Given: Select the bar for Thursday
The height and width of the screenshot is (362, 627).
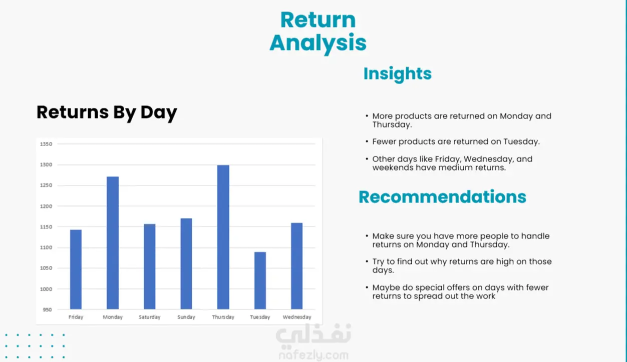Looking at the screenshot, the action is (223, 237).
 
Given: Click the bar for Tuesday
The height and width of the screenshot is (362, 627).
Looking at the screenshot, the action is (260, 280).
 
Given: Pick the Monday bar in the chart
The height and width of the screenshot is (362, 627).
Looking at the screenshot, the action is (113, 242).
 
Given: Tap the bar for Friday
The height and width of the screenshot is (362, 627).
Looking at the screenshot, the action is (76, 269).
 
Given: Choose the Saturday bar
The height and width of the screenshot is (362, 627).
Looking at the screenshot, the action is (149, 266).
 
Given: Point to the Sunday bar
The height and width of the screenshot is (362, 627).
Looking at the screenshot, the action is (186, 263).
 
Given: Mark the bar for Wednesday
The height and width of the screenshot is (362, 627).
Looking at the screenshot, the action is (296, 266).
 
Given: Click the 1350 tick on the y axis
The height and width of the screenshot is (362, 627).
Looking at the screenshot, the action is (46, 144).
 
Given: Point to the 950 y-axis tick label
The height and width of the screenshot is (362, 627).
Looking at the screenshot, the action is (47, 309).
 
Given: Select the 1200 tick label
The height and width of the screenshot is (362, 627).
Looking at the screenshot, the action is (46, 206).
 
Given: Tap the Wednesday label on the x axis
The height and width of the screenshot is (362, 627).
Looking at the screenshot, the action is (297, 317).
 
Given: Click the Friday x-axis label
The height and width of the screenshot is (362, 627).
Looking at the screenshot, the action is (76, 317).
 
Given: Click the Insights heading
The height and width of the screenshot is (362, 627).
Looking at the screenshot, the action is (398, 74).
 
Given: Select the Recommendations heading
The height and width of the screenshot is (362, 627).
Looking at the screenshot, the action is (442, 197).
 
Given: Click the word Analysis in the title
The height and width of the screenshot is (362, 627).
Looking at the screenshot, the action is (318, 43).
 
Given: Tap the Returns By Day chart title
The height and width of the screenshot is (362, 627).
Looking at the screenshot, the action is (107, 112).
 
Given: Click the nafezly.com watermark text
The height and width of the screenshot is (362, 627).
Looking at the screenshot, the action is (313, 355).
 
